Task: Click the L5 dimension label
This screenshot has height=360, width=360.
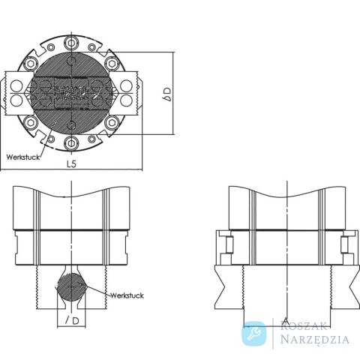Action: (x=71, y=163)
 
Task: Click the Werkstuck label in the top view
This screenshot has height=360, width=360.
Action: (x=22, y=157)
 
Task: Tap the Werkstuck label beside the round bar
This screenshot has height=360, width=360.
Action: (x=127, y=295)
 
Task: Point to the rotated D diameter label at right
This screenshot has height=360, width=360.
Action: (x=167, y=94)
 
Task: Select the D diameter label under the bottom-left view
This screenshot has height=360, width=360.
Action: (x=72, y=320)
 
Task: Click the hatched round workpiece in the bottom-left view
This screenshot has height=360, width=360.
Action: (x=72, y=287)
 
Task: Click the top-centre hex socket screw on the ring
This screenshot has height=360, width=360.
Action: (x=71, y=43)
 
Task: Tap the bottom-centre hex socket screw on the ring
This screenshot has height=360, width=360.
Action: (x=71, y=143)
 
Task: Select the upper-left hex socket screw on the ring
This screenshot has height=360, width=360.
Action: (x=31, y=64)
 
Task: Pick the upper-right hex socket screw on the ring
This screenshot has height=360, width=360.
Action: (x=112, y=64)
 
